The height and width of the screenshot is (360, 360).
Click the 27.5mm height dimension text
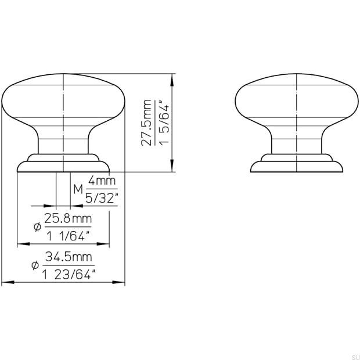click(147, 123)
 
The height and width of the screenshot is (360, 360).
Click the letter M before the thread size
click(78, 189)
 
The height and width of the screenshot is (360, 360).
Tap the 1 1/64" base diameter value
click(67, 236)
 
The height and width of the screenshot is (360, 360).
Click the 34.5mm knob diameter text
click(69, 257)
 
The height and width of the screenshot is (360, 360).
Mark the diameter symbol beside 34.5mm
click(35, 266)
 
